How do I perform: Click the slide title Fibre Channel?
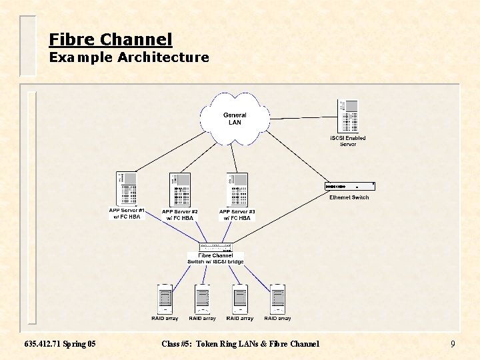click(111, 39)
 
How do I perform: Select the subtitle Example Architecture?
click(129, 57)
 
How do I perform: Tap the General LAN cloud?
click(235, 119)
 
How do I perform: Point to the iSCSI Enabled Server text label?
click(348, 141)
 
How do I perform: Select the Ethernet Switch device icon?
click(349, 186)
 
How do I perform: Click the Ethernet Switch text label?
click(349, 197)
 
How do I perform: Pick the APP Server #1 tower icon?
click(127, 189)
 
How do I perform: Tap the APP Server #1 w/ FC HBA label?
click(127, 214)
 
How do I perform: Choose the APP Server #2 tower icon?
click(180, 189)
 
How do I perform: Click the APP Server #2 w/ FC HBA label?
click(180, 215)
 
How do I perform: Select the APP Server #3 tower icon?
click(237, 189)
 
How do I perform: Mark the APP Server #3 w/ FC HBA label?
click(237, 215)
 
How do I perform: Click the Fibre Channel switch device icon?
click(215, 247)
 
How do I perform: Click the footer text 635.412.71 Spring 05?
click(60, 344)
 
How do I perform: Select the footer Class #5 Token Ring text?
click(240, 344)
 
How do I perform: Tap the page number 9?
click(453, 345)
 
